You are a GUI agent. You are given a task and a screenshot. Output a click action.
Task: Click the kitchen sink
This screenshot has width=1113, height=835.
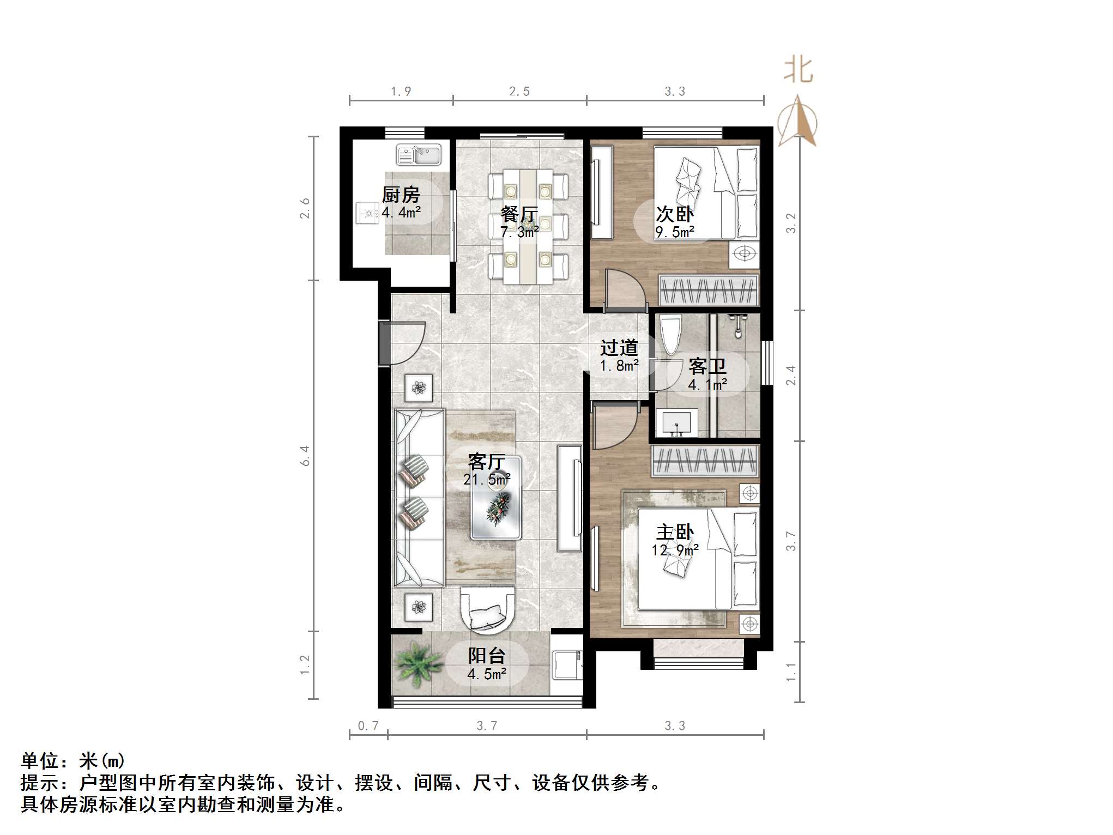pos(419,155)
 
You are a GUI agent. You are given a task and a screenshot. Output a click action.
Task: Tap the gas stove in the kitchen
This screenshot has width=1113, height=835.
pos(368,213)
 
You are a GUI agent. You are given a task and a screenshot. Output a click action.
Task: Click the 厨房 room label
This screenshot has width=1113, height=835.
pos(401,195)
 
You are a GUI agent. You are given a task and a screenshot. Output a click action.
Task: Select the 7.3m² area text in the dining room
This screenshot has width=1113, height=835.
pos(520,232)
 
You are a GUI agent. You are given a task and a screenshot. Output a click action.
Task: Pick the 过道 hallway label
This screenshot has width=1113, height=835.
pos(619,347)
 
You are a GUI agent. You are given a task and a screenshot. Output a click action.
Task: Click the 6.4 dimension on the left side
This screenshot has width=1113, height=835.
pos(305,456)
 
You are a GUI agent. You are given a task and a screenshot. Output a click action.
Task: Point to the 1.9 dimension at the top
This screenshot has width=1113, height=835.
pos(401,92)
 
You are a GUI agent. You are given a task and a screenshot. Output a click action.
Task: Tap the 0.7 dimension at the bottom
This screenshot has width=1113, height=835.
pos(368,726)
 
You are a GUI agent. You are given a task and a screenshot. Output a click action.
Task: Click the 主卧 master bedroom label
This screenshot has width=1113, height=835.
pos(675,533)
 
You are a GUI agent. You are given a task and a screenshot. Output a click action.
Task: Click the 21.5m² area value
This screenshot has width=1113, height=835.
pos(487,480)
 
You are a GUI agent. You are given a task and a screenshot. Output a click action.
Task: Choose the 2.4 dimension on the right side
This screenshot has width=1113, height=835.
pos(791,375)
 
